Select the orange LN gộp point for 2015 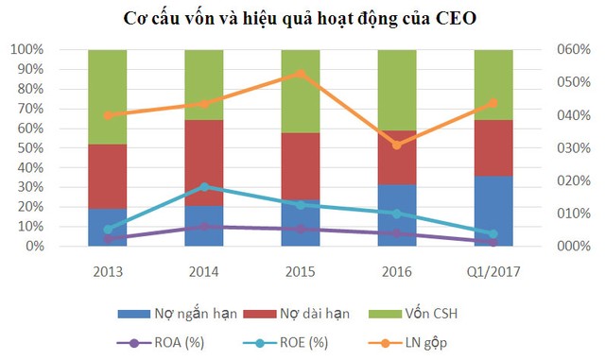tap(300, 74)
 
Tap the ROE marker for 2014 tap(203, 187)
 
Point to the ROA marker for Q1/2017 tap(493, 242)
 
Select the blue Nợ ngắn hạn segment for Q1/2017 tap(493, 211)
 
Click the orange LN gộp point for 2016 tap(396, 145)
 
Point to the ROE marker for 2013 tap(107, 230)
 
